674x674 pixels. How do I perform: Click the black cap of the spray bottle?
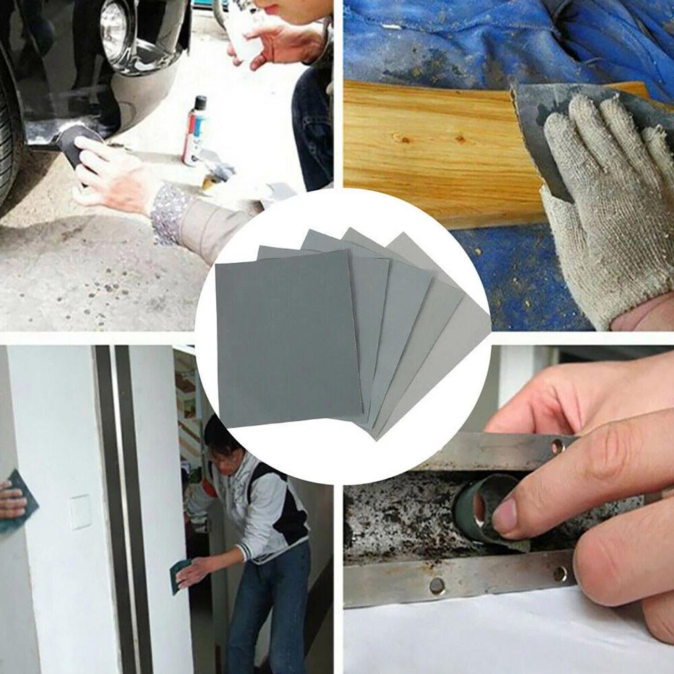(200, 103)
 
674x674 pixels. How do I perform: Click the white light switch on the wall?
(81, 512)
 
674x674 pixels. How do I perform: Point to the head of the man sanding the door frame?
(222, 438)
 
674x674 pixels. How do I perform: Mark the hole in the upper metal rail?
(557, 446)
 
